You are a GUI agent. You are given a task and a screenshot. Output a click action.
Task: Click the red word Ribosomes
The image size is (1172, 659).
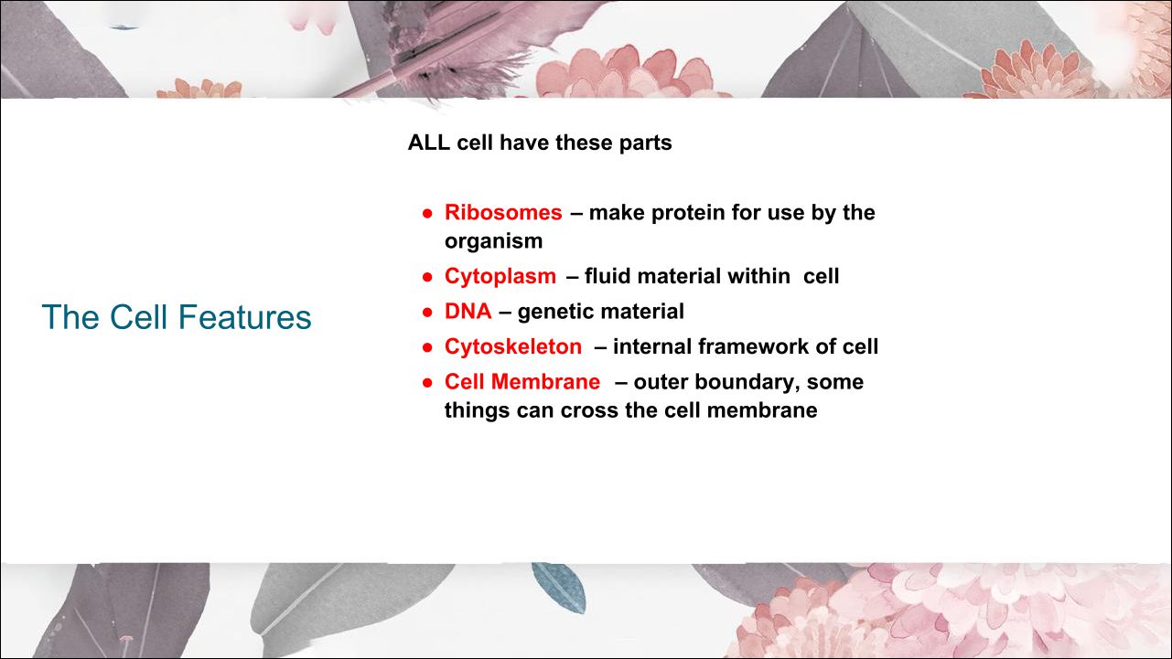pyautogui.click(x=503, y=213)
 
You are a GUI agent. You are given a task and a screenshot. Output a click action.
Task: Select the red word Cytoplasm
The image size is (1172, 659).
pyautogui.click(x=500, y=277)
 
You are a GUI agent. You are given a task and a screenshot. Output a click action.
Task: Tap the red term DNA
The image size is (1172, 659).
pyautogui.click(x=468, y=312)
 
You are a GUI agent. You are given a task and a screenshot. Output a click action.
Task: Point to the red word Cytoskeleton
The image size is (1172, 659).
pyautogui.click(x=513, y=347)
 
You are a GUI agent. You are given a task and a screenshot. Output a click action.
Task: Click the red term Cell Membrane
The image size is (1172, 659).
pyautogui.click(x=522, y=381)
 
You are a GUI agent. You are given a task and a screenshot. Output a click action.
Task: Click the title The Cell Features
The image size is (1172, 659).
pyautogui.click(x=177, y=317)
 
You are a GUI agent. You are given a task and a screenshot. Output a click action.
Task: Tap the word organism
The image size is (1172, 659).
pyautogui.click(x=493, y=242)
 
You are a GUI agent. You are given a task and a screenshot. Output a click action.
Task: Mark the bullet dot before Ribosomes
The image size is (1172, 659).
pyautogui.click(x=427, y=213)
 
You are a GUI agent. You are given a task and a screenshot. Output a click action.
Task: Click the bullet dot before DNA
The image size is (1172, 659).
pyautogui.click(x=427, y=312)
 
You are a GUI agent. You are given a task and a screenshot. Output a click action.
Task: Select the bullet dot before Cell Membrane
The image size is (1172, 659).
pyautogui.click(x=427, y=383)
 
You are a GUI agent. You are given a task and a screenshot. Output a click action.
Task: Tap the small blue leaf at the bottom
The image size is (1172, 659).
pyautogui.click(x=558, y=588)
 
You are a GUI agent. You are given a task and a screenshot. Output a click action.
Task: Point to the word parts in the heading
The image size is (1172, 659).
pyautogui.click(x=646, y=143)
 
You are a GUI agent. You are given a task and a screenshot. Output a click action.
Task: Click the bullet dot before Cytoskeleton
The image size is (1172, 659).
pyautogui.click(x=427, y=347)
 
